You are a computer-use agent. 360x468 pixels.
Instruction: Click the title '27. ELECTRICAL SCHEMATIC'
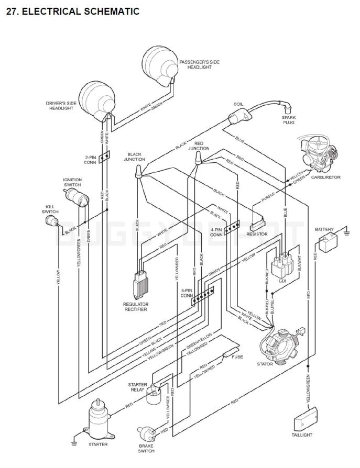coord(72,11)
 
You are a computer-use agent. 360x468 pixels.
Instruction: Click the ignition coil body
coord(238,118)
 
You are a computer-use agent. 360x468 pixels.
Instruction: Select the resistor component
coord(258,226)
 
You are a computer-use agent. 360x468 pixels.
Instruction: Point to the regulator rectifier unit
coord(140,285)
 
